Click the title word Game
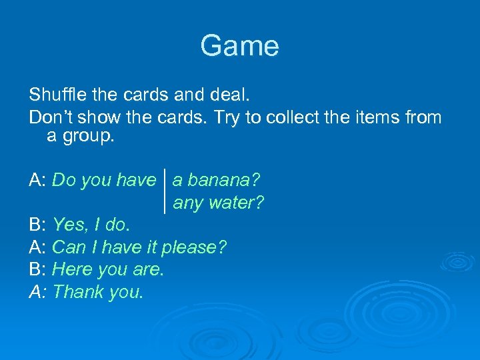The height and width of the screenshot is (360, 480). (x=239, y=46)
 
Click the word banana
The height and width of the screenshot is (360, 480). (x=221, y=180)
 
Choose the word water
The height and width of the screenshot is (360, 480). (x=237, y=203)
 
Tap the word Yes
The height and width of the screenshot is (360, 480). (x=67, y=225)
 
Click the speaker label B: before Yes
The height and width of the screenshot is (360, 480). (x=38, y=225)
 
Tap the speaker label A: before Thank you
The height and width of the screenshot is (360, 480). (x=38, y=291)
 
